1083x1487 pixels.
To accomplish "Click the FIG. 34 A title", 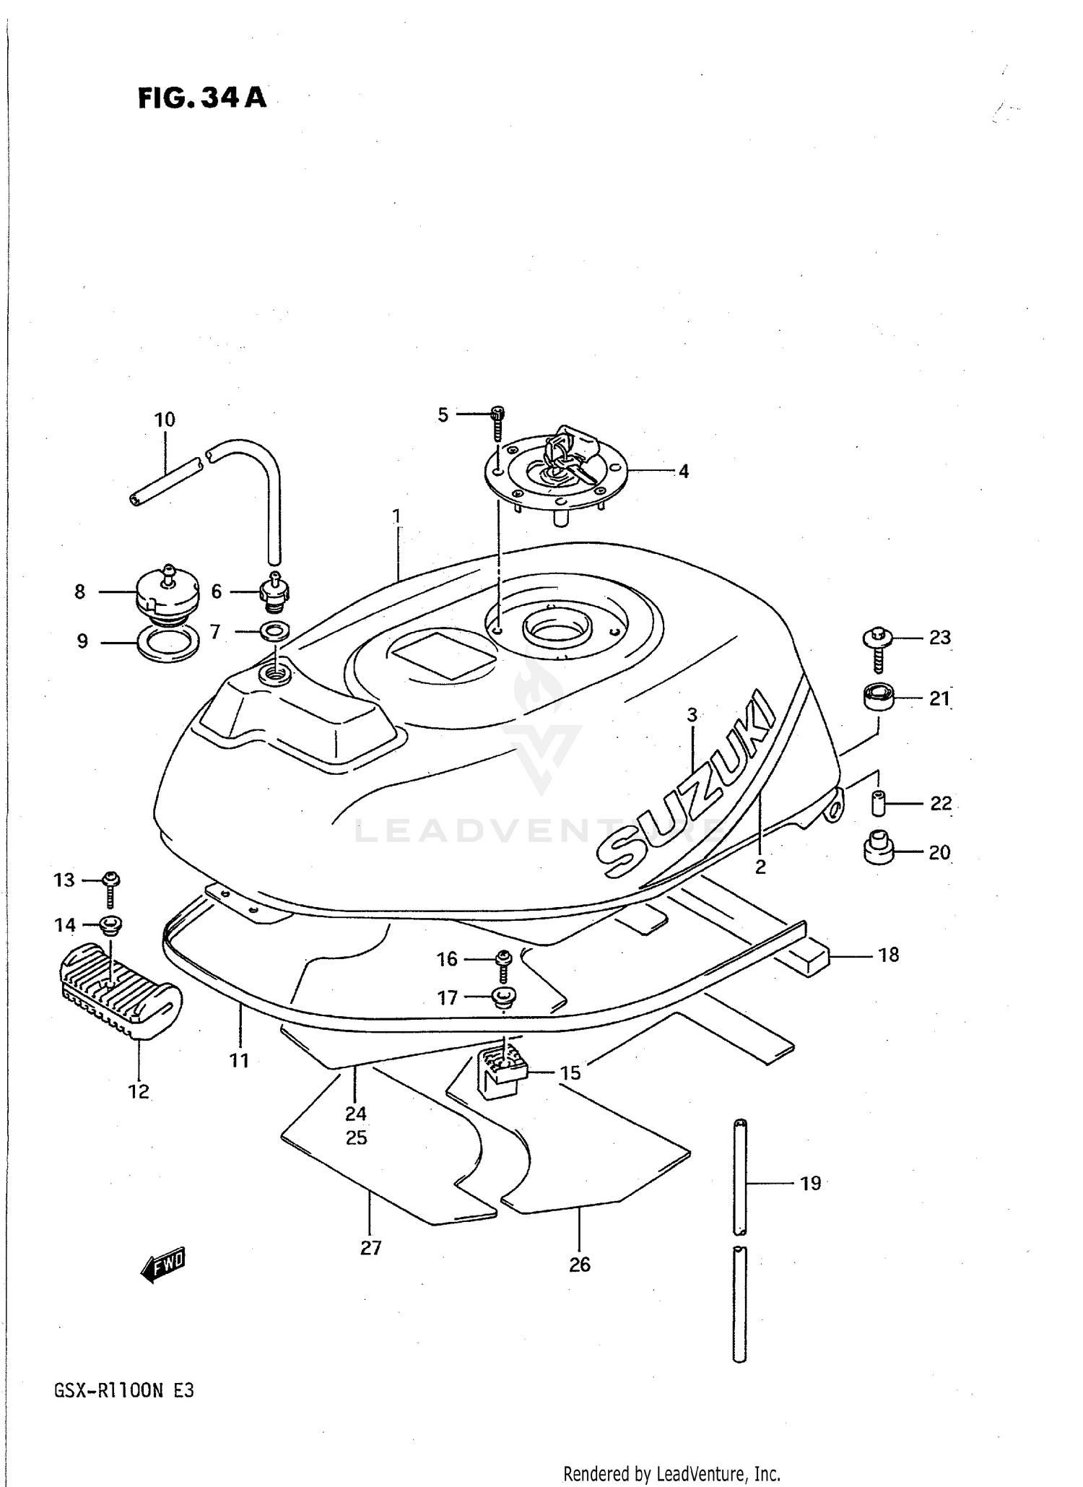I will point(202,97).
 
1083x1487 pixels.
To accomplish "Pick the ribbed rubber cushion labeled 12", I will point(119,989).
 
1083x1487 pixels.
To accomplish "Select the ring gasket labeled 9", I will point(168,642).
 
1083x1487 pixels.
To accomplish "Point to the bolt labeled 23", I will point(878,646).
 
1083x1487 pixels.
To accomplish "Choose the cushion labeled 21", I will point(878,698).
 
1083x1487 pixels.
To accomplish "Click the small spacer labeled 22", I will point(877,802).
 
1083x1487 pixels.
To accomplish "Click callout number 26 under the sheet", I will point(580,1265).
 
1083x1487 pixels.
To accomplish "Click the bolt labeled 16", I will point(503,961).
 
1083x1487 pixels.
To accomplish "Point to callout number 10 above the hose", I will point(165,420).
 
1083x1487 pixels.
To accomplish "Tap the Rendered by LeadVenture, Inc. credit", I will point(671,1473).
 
